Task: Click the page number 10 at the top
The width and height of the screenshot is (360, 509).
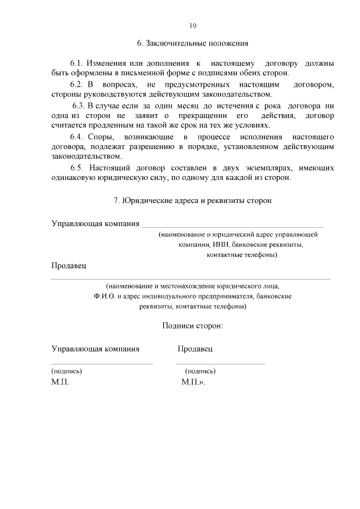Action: pos(193,26)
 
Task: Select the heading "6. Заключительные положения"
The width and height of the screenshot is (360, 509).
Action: pos(193,43)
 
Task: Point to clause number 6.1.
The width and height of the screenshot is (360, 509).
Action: pos(77,64)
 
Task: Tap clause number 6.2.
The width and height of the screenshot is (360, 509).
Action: pos(77,84)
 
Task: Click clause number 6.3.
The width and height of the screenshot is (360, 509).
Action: pos(78,106)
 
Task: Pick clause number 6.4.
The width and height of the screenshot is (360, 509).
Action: pos(77,137)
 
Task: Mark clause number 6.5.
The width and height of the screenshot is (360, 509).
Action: pos(77,168)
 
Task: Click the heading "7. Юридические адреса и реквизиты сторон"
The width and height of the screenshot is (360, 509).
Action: pos(193,200)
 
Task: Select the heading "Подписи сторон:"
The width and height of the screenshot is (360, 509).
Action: pos(193,326)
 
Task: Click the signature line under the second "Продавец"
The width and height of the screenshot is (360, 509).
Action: pos(221,364)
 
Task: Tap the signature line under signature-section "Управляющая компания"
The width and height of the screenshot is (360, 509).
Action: pos(102,364)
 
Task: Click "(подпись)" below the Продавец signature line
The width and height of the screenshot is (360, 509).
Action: pos(200,371)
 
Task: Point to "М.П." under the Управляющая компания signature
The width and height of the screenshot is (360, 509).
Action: pos(60,382)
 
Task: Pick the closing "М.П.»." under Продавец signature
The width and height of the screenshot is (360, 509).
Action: pos(193,382)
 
